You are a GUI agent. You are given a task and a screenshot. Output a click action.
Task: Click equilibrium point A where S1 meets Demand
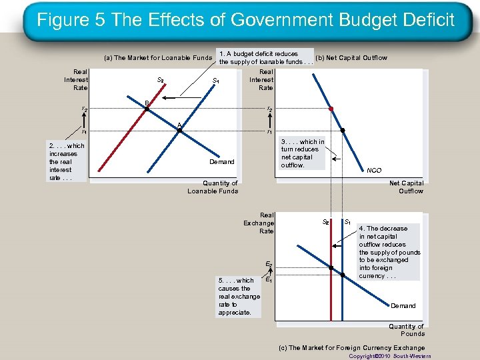pos(179,131)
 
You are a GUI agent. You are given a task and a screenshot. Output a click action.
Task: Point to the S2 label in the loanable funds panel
pos(161,80)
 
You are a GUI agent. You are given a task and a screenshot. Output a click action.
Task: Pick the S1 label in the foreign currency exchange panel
pos(348,221)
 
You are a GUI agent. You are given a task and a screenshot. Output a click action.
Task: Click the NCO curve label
pos(374,171)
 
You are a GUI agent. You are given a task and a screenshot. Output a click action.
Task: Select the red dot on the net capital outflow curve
pos(331,108)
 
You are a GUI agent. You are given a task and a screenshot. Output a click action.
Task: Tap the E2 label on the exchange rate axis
pos(269,265)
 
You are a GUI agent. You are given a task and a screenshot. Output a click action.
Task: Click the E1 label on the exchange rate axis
pos(269,280)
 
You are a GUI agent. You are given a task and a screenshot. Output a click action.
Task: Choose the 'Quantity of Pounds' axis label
pos(407,330)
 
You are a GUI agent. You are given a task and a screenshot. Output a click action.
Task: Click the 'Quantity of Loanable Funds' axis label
pos(213,187)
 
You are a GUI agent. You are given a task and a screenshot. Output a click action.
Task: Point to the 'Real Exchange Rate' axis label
pos(259,223)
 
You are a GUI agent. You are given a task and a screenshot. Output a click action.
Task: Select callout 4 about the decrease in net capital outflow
pos(390,252)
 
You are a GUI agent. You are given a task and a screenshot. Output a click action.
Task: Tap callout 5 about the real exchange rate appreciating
pos(236,296)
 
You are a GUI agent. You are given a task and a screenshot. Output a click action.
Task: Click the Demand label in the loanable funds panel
pos(222,161)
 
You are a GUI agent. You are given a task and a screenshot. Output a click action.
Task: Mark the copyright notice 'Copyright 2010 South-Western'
pos(387,356)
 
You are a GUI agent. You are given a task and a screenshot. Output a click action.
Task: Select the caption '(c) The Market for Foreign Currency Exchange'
pos(352,348)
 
